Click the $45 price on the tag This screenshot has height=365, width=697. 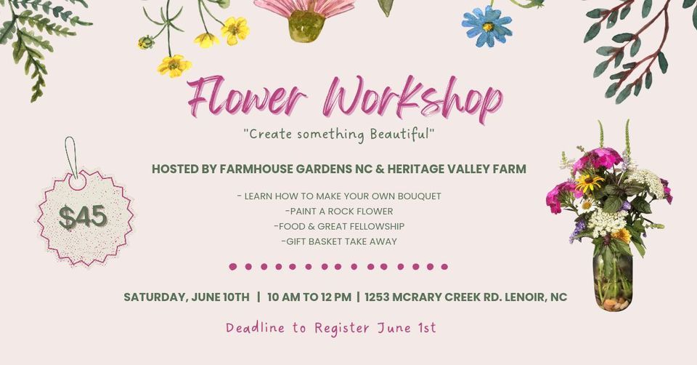tap(83, 217)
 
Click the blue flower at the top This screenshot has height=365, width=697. tap(486, 26)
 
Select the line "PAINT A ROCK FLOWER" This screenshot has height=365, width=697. tap(339, 212)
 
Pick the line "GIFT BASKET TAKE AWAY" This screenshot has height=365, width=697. tap(338, 241)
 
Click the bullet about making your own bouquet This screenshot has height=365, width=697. tap(339, 196)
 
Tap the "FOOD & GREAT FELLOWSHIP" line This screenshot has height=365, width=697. tap(339, 226)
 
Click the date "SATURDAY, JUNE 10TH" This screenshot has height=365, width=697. tap(186, 297)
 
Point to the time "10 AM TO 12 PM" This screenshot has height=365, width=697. tap(309, 297)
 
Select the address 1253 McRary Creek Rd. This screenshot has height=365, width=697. tap(465, 297)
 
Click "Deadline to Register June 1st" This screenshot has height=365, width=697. tap(330, 328)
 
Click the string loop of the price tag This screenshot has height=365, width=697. tap(70, 154)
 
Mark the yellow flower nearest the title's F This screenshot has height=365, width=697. tap(174, 65)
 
